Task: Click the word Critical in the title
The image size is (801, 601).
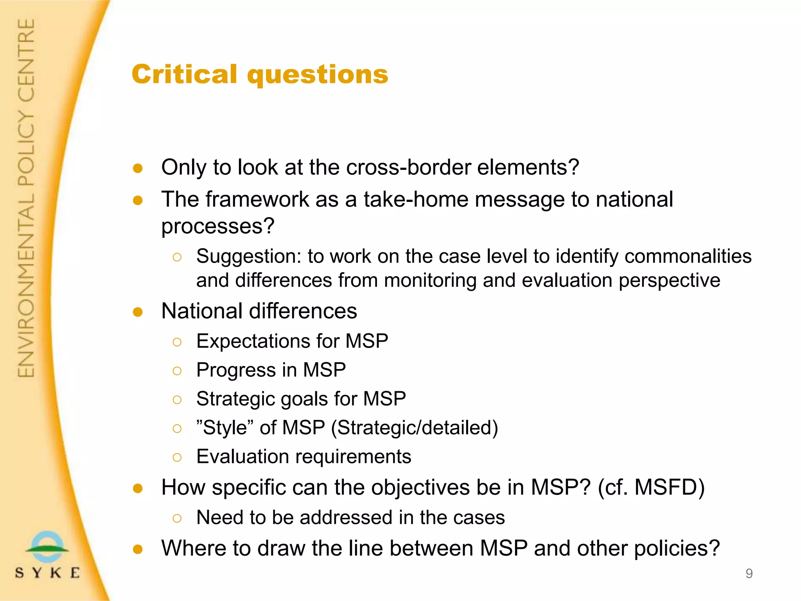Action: (184, 74)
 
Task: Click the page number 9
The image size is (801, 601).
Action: (749, 574)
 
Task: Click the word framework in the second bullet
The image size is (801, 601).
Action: (257, 200)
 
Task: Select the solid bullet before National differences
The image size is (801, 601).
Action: (138, 312)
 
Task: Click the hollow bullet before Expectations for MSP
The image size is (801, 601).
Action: (177, 342)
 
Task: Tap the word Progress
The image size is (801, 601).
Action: (236, 370)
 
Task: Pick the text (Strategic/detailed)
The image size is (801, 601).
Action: (414, 428)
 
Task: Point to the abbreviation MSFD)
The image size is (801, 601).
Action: (669, 488)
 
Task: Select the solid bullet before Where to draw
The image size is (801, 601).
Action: (138, 549)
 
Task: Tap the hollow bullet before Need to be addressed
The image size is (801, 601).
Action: (177, 518)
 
